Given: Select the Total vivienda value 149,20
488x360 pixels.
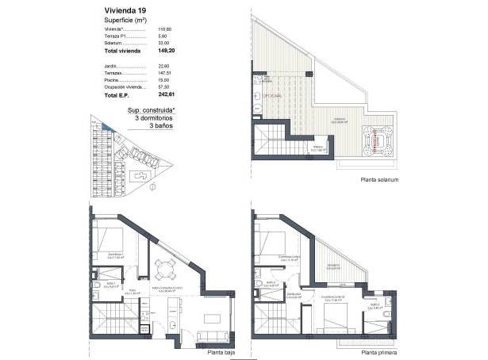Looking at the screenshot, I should (x=165, y=50).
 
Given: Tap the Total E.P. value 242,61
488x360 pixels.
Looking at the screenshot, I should (x=165, y=94).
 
